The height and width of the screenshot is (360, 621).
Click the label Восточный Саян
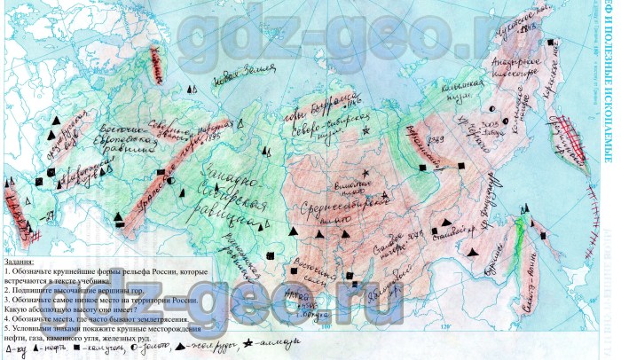[300, 257]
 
